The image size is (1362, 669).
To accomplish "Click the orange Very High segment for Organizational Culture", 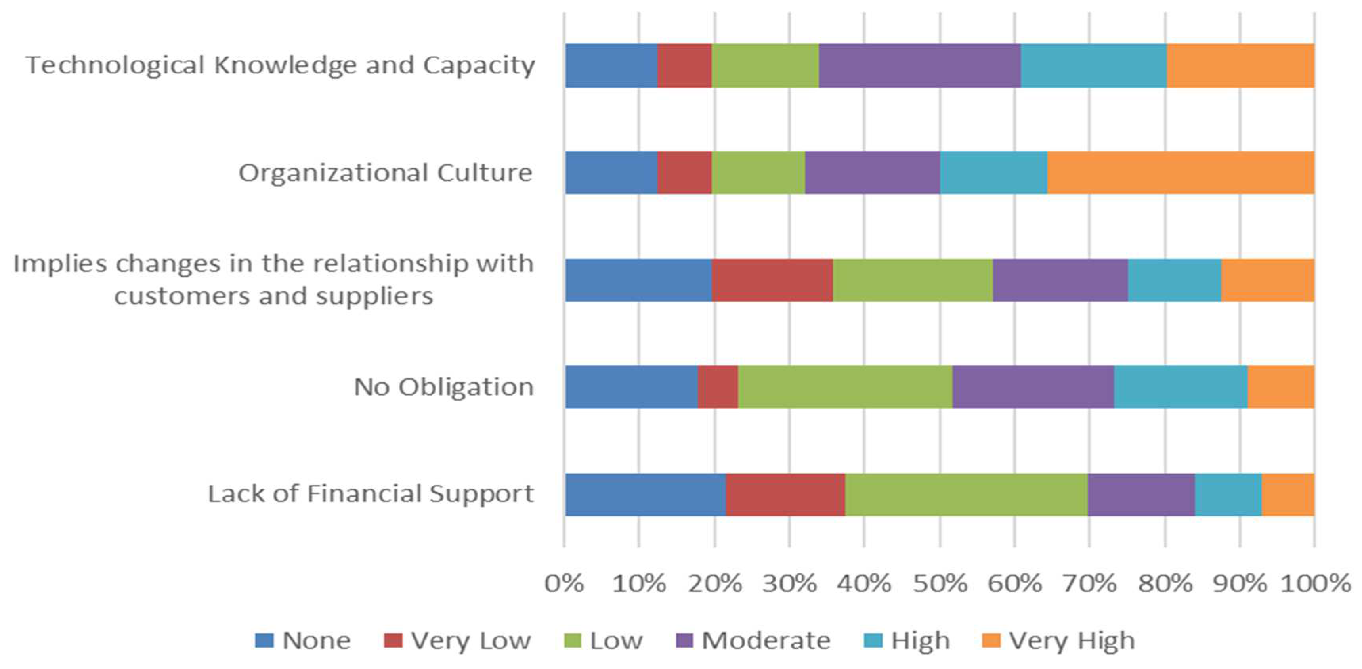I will point(1180,172).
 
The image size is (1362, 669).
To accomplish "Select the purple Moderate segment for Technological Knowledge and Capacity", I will point(919,65).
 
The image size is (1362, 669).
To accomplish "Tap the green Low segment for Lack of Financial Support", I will point(966,495).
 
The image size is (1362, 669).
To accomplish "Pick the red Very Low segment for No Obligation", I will point(718,386).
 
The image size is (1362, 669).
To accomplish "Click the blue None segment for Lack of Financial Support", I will point(645,495).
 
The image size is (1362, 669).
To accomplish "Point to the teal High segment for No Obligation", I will point(1180,386).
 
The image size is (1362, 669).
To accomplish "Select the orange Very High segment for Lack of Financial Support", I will point(1288,495).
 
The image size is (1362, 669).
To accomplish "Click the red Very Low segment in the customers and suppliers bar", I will point(772,280).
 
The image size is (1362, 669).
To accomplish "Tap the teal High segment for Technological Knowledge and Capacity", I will point(1093,65).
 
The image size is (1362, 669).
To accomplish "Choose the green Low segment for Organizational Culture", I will point(758,172).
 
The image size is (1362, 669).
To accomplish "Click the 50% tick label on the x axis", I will point(940,584).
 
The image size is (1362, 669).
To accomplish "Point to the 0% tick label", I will point(564,584).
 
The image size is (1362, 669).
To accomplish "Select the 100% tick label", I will point(1315,584).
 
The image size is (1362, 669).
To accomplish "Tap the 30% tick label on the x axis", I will point(789,584).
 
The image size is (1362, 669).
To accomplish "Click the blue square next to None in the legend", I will point(264,641).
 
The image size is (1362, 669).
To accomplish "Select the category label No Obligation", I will point(443,386).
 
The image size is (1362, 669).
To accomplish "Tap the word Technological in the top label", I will point(115,65).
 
